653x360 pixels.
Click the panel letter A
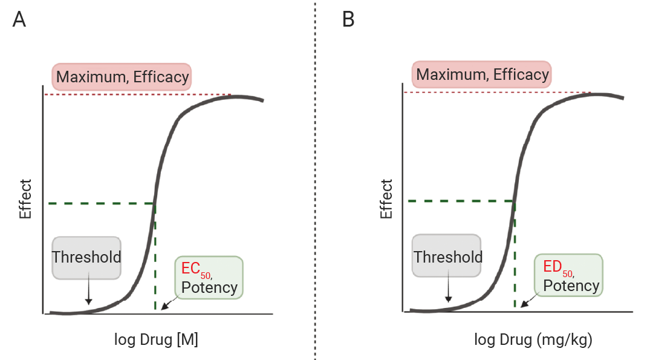[x=19, y=19]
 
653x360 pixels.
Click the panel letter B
[x=348, y=19]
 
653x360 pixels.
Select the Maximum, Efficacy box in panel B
[x=482, y=75]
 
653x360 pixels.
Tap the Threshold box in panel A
[x=86, y=257]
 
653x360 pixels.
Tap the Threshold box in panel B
[x=447, y=257]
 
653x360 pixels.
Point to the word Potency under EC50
[x=209, y=287]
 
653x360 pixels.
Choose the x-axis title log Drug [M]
[x=156, y=340]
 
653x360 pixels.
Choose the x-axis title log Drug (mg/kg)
[x=531, y=340]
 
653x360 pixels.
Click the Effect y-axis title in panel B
[x=386, y=198]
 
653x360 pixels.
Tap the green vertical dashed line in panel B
[x=515, y=260]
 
